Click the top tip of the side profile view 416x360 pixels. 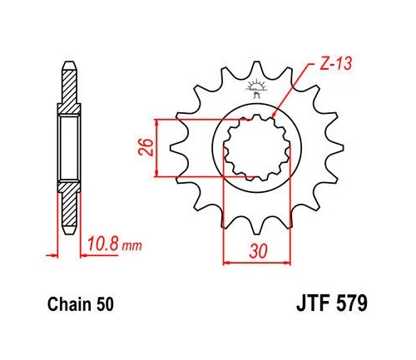70,67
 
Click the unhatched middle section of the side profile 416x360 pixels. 70,149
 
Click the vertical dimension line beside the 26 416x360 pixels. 159,148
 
